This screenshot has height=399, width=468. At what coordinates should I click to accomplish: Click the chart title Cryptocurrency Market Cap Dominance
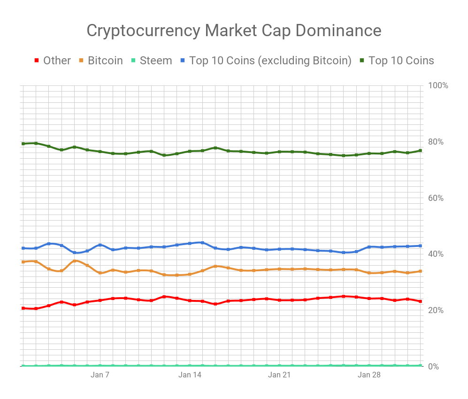(x=234, y=31)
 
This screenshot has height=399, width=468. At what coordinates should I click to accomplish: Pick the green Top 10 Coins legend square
(x=362, y=61)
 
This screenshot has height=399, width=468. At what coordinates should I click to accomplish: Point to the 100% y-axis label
(x=438, y=85)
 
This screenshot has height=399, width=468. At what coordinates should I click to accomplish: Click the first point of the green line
(x=23, y=144)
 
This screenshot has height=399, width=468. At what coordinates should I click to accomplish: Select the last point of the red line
(x=420, y=301)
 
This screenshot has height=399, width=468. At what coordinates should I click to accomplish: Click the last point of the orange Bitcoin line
(x=420, y=271)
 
